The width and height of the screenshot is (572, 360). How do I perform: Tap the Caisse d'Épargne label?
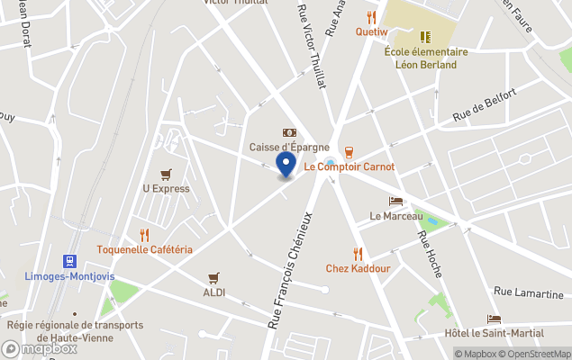pyautogui.click(x=289, y=147)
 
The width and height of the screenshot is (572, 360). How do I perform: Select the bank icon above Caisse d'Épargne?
pyautogui.click(x=289, y=132)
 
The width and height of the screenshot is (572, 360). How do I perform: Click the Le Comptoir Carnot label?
pyautogui.click(x=349, y=166)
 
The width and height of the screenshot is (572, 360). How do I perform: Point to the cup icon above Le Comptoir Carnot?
pyautogui.click(x=349, y=151)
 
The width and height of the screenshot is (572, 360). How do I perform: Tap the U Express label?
pyautogui.click(x=166, y=189)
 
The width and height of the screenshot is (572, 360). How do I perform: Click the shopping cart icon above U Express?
pyautogui.click(x=166, y=174)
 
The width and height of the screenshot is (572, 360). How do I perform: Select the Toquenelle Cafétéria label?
pyautogui.click(x=145, y=249)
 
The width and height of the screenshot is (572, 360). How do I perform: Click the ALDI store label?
pyautogui.click(x=213, y=292)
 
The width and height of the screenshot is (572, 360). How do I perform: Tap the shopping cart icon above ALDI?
pyautogui.click(x=213, y=277)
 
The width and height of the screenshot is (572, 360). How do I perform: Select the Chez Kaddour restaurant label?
pyautogui.click(x=358, y=268)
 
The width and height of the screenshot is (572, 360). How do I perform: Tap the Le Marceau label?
pyautogui.click(x=395, y=216)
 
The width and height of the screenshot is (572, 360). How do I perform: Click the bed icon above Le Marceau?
pyautogui.click(x=395, y=201)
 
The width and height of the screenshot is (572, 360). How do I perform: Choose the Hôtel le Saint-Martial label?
pyautogui.click(x=495, y=333)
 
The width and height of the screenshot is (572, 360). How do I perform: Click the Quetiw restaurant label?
pyautogui.click(x=370, y=31)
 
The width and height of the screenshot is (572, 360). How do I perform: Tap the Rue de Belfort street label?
pyautogui.click(x=485, y=105)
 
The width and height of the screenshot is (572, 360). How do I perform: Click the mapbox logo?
pyautogui.click(x=40, y=348)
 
